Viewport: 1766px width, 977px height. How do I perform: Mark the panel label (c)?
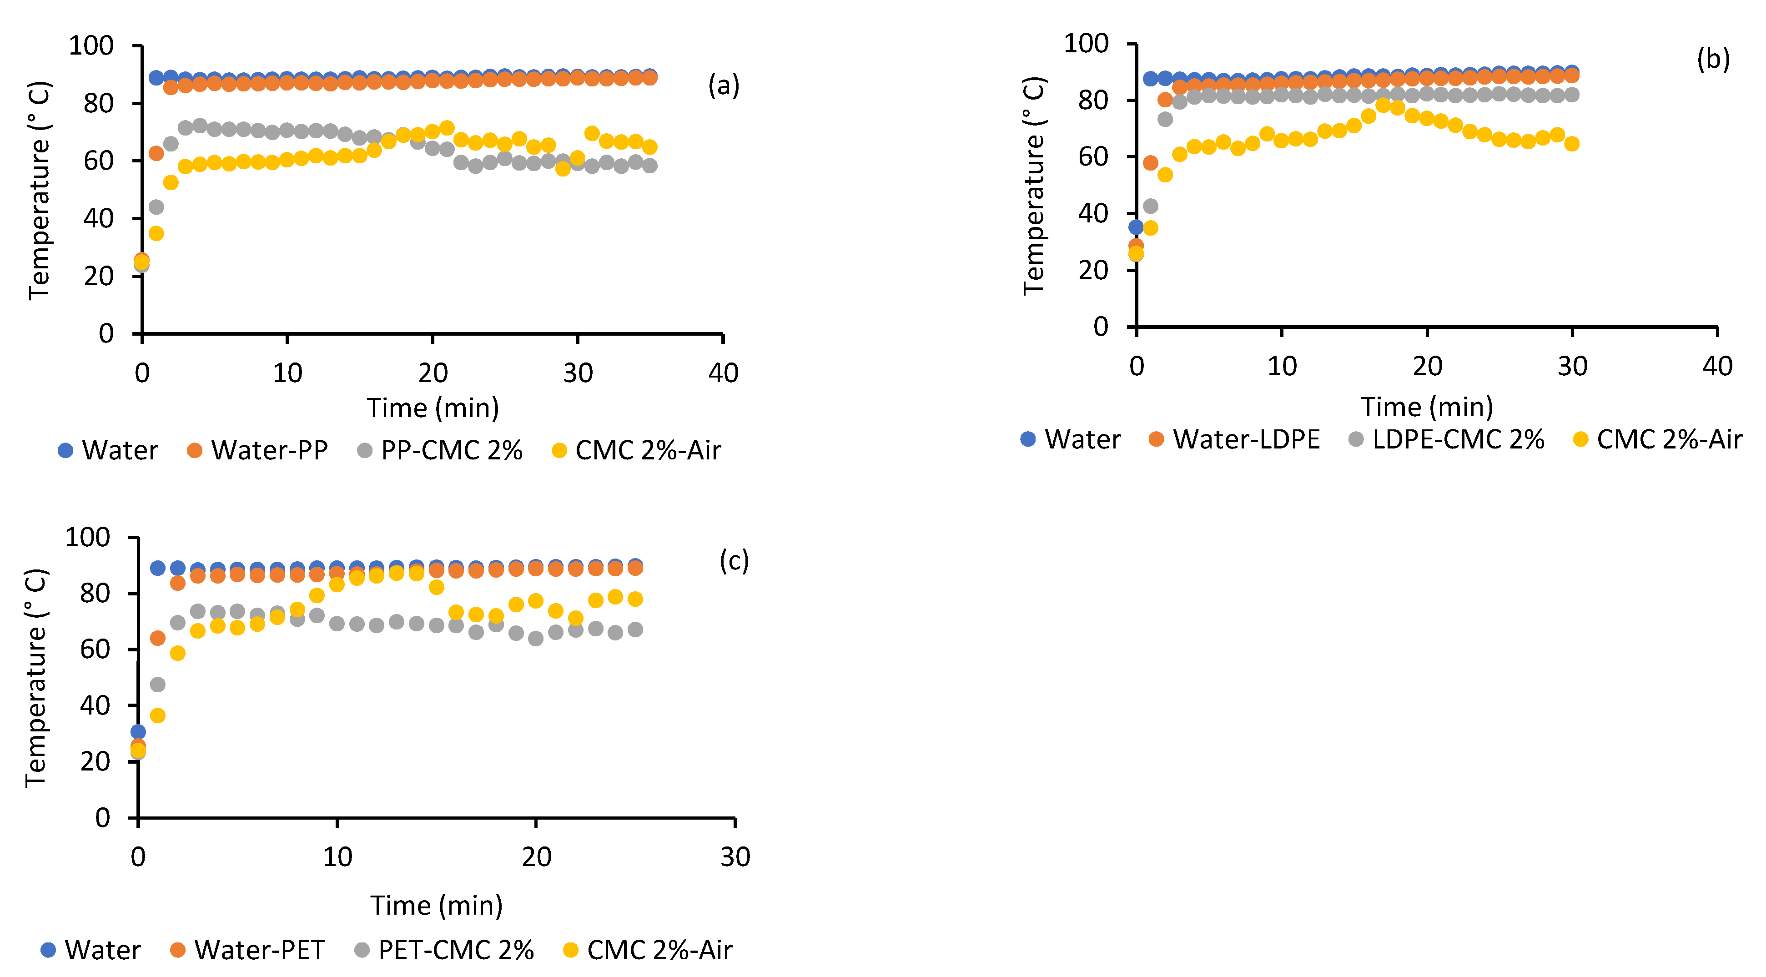(x=734, y=561)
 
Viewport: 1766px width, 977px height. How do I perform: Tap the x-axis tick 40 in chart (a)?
(x=723, y=374)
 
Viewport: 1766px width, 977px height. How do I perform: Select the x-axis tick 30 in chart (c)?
(x=735, y=857)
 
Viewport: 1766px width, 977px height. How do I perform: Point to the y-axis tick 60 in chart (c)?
(x=95, y=649)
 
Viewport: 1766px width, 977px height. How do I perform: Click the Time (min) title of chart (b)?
(x=1427, y=407)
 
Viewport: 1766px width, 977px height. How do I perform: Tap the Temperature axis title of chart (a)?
(x=39, y=191)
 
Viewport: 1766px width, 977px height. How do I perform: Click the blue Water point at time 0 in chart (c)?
(x=138, y=731)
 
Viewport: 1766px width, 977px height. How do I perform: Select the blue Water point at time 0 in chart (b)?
(x=1136, y=227)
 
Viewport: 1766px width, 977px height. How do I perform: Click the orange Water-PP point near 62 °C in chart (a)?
(x=156, y=153)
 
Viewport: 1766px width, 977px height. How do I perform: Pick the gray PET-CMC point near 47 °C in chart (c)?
(x=158, y=684)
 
